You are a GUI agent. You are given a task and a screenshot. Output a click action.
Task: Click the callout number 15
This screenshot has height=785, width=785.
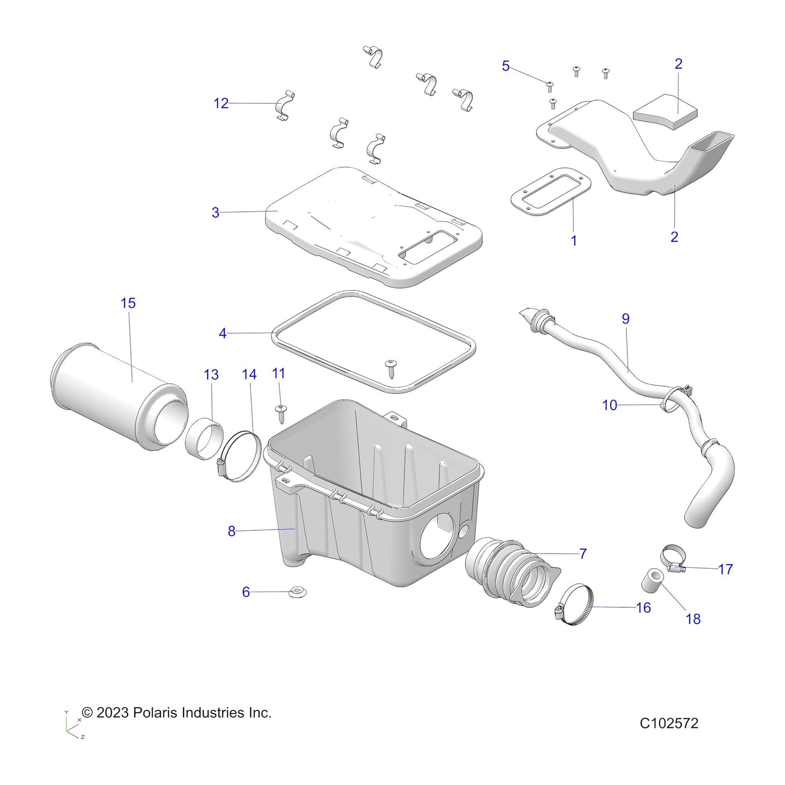pyautogui.click(x=128, y=303)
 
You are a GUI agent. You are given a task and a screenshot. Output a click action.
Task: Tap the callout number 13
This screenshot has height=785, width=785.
pyautogui.click(x=211, y=375)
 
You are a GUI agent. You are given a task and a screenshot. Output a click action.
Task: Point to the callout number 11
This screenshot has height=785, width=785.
pyautogui.click(x=278, y=373)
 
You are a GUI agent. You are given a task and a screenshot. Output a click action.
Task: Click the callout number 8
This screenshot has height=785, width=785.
pyautogui.click(x=231, y=531)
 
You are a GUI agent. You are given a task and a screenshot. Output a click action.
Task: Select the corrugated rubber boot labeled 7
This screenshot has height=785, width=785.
pyautogui.click(x=508, y=570)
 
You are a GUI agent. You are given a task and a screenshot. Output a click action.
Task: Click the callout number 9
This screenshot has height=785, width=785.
pyautogui.click(x=625, y=319)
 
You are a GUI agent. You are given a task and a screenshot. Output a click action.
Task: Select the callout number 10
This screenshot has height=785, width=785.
pyautogui.click(x=610, y=405)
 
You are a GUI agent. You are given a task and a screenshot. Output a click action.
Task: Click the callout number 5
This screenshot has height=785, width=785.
pyautogui.click(x=505, y=66)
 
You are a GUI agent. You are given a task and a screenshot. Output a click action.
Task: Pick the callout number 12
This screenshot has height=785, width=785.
pyautogui.click(x=221, y=103)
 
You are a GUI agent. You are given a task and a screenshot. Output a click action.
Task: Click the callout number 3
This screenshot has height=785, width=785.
pyautogui.click(x=215, y=212)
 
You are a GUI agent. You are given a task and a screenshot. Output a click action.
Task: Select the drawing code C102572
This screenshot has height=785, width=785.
pyautogui.click(x=669, y=723)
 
